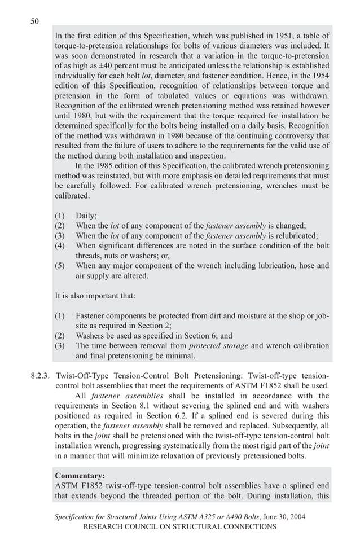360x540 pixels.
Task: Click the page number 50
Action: (34, 21)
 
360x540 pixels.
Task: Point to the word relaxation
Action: (182, 456)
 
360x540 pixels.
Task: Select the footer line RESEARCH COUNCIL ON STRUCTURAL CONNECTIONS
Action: (179, 526)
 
